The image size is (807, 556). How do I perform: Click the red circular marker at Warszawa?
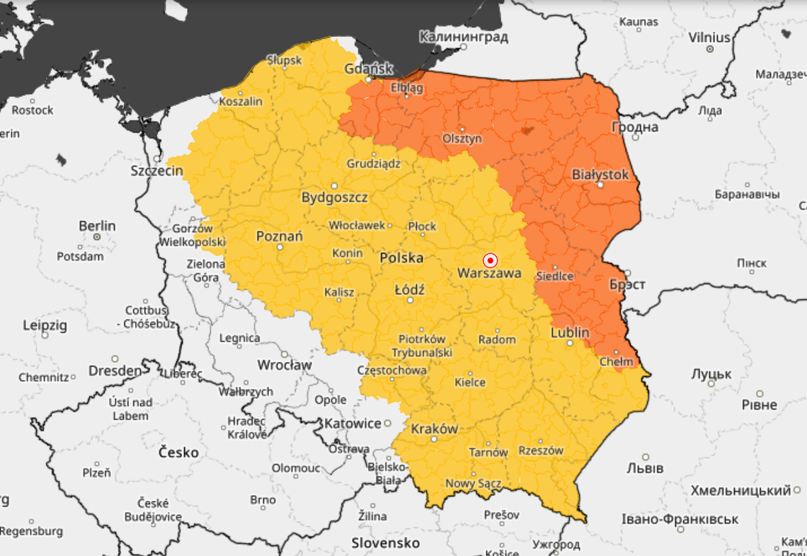tap(490, 260)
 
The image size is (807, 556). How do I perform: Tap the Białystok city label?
tap(600, 174)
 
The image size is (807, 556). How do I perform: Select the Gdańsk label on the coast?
tap(368, 69)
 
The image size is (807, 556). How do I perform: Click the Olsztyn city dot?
tap(462, 129)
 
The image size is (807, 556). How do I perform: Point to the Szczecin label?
tap(156, 170)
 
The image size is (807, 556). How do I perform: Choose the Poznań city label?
tap(279, 236)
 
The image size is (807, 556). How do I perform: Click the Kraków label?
tap(434, 429)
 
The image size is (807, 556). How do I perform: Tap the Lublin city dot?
tap(570, 343)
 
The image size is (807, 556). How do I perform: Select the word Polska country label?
tap(401, 257)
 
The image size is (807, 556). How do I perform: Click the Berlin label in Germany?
tap(97, 226)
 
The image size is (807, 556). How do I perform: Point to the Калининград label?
tap(463, 36)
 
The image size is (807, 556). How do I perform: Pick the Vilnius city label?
tap(709, 37)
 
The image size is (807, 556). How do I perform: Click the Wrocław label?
tap(284, 365)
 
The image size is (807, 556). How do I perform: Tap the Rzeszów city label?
tap(541, 451)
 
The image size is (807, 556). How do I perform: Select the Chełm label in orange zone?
tap(616, 361)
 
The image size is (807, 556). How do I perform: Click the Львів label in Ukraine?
tap(645, 468)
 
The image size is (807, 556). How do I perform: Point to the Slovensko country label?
tap(386, 543)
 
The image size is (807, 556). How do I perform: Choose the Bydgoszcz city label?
tap(334, 197)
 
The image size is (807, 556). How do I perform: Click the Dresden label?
tap(115, 371)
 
